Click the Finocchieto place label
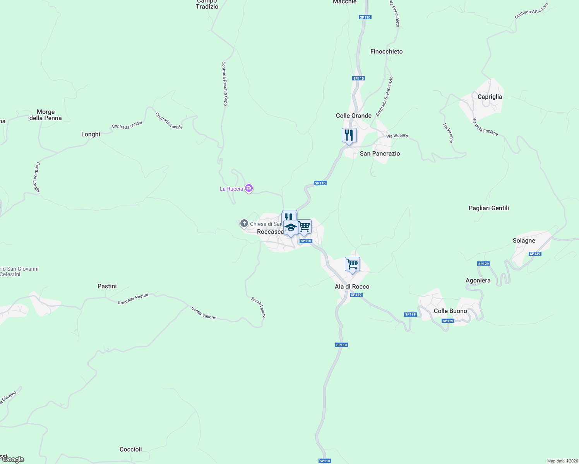[386, 51]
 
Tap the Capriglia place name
[490, 97]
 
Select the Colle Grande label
[353, 116]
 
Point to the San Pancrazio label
[380, 154]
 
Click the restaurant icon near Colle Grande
[349, 135]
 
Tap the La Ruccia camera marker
[249, 188]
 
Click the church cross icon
[244, 223]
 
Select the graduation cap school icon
[291, 227]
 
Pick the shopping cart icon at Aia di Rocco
[352, 264]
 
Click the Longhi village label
[91, 134]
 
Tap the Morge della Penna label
[46, 115]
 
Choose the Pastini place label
[107, 286]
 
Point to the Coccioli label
[130, 449]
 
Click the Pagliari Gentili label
[488, 208]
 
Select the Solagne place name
[524, 241]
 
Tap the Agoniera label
[478, 280]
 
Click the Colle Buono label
[450, 311]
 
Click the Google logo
[13, 459]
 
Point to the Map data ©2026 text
[562, 461]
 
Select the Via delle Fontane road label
[485, 127]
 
